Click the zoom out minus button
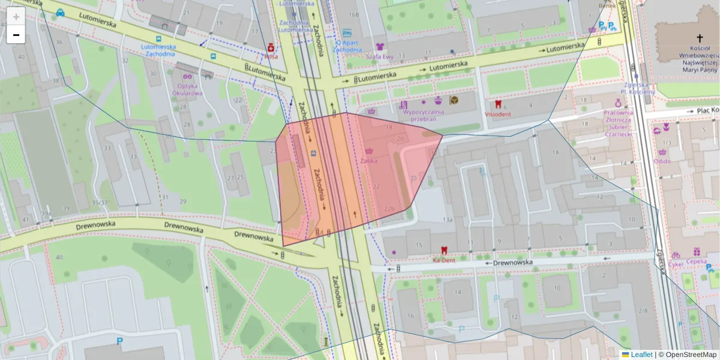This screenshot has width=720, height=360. click(x=16, y=35)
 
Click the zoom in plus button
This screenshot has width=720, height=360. click(x=16, y=17)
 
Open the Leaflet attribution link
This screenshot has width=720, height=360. click(x=641, y=355)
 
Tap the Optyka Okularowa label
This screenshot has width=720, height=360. click(x=187, y=89)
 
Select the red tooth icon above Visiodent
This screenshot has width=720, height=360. click(x=497, y=104)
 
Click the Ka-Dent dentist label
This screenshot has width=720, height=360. click(x=444, y=260)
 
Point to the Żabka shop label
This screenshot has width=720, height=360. click(x=368, y=161)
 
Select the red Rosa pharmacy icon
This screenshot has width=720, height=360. click(x=271, y=47)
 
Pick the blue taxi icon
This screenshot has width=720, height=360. click(x=60, y=12)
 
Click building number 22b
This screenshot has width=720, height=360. click(x=389, y=209)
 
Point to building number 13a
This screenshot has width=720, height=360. click(x=447, y=220)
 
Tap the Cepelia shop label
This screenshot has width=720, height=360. click(x=696, y=262)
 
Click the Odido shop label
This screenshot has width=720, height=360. click(x=662, y=161)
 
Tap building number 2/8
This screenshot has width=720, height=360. click(x=643, y=310)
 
